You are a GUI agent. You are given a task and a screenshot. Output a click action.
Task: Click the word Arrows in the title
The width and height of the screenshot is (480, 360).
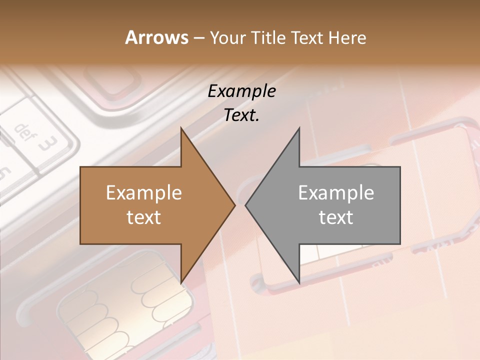click(156, 37)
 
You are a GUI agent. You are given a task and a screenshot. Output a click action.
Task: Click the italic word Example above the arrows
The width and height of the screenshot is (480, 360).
click(241, 91)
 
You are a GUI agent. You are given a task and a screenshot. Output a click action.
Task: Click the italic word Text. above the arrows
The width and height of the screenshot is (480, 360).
click(241, 115)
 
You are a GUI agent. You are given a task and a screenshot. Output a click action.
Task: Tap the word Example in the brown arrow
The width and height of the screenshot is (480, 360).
click(144, 192)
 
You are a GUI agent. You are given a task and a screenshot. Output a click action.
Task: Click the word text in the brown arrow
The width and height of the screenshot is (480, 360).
click(144, 217)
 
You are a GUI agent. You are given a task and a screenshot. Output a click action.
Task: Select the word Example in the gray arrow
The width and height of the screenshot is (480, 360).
click(336, 192)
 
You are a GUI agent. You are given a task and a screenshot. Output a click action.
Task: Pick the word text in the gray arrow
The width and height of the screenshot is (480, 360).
click(336, 217)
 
